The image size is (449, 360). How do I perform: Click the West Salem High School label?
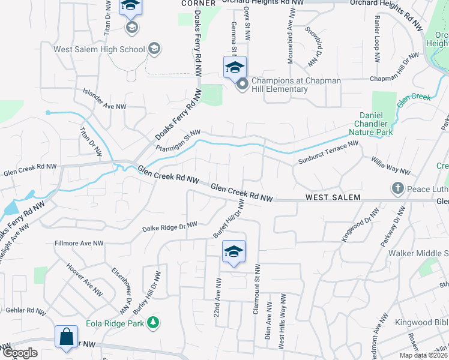coord(100,50)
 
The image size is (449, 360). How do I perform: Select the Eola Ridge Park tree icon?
coord(154,323)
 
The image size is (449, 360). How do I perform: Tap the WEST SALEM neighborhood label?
coord(333,197)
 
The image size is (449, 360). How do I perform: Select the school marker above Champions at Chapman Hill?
coord(235,67)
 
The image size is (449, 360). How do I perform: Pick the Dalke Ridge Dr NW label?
coord(170,227)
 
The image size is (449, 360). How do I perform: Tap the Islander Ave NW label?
coord(104,98)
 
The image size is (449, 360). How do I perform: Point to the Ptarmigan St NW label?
coord(178,141)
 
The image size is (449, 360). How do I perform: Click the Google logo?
coord(20,353)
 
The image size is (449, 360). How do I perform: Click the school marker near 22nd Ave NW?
coord(234,251)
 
